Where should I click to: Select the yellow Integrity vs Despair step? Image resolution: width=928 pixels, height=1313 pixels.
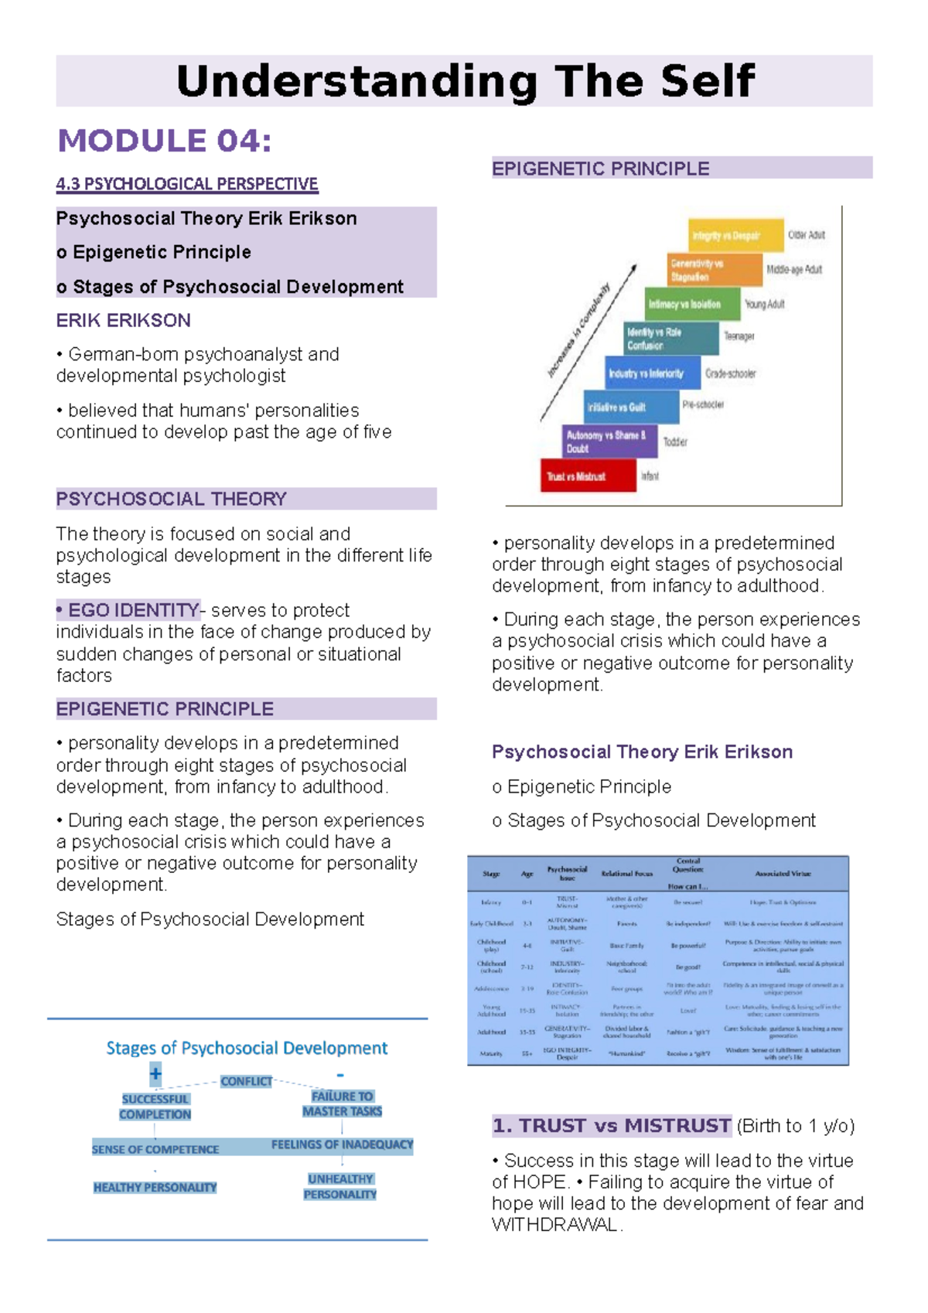coord(735,236)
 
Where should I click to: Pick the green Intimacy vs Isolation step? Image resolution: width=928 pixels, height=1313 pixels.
coord(693,305)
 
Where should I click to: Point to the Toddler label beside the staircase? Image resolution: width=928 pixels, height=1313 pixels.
coord(675,442)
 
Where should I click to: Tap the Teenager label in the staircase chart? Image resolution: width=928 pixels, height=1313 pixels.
coord(739,336)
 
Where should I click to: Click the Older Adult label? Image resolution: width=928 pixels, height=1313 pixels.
coord(807,235)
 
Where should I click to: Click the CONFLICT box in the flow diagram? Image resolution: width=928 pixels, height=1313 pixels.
coord(246,1081)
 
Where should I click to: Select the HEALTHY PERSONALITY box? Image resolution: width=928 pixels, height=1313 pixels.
coord(155,1187)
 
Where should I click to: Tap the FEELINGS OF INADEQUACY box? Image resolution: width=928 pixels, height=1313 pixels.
coord(342,1144)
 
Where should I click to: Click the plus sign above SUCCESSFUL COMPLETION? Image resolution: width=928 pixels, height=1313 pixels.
coord(155,1073)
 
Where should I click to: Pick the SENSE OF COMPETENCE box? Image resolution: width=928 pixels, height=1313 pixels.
coord(155,1149)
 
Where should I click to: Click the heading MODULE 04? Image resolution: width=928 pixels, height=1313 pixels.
coord(164,141)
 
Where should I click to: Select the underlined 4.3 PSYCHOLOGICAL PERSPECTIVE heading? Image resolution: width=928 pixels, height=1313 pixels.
coord(186,184)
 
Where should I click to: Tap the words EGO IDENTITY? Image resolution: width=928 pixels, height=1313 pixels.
coord(133,610)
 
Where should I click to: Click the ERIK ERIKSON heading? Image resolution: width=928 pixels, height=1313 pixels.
coord(123,320)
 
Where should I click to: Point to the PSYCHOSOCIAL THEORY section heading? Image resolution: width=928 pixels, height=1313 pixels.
coord(171,499)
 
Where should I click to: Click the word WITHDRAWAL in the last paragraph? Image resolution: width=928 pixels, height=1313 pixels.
coord(554,1225)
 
